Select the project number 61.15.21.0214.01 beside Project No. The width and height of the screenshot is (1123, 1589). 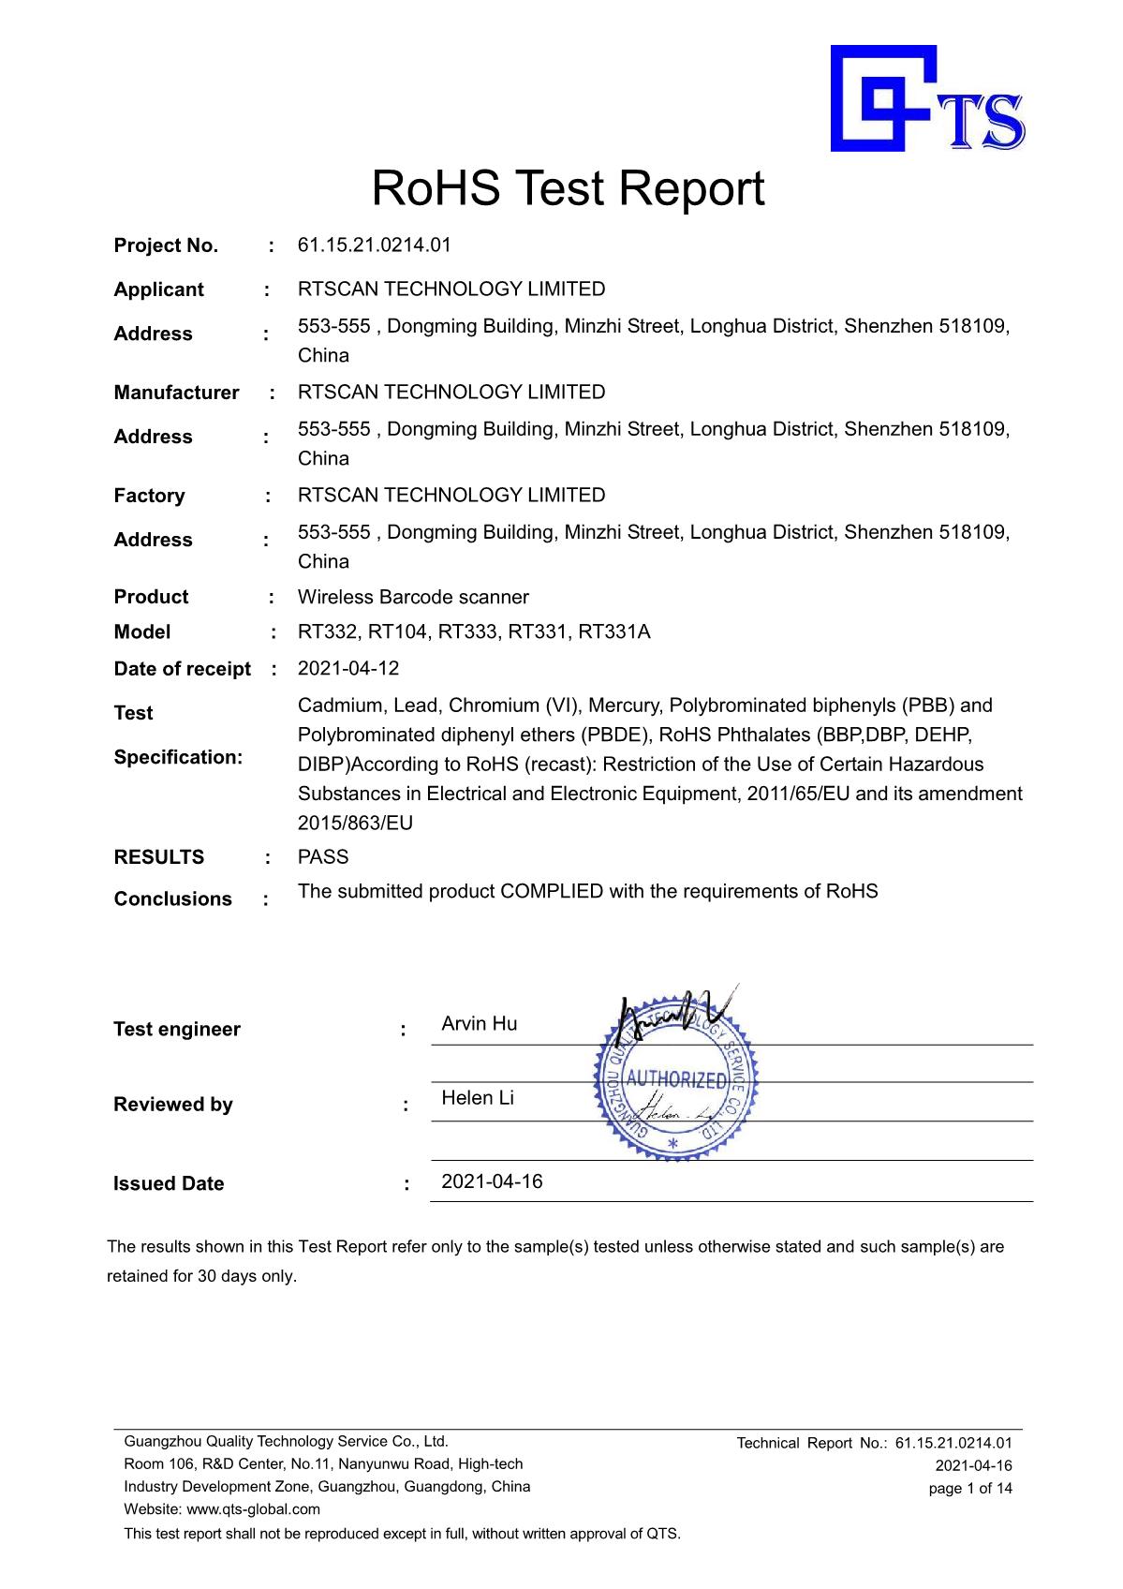tap(374, 245)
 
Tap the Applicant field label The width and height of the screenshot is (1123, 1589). tap(158, 290)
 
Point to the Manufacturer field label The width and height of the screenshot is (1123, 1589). tap(176, 393)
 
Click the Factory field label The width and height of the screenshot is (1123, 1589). tap(149, 496)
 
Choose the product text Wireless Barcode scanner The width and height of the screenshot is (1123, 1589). tap(413, 598)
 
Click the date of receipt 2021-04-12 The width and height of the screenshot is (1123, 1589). tap(347, 669)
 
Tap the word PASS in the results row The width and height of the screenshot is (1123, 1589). tap(323, 857)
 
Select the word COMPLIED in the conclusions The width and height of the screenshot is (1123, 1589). tap(552, 892)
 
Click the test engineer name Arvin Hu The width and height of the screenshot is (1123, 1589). tap(479, 1024)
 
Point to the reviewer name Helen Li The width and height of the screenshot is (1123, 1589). tap(478, 1098)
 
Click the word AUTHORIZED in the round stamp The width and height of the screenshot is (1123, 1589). tap(675, 1079)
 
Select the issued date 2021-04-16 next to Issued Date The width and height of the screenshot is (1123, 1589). tap(492, 1182)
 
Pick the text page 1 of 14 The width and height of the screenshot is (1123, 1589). tap(970, 1489)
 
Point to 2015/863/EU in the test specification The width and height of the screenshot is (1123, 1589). tap(355, 824)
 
